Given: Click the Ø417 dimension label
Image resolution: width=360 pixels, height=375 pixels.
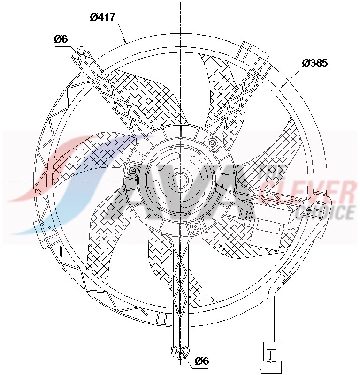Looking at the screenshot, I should pyautogui.click(x=102, y=17).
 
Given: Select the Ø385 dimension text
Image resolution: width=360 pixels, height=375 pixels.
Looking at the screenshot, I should pyautogui.click(x=314, y=63).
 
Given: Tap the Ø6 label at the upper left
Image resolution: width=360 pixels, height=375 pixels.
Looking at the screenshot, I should pyautogui.click(x=61, y=39).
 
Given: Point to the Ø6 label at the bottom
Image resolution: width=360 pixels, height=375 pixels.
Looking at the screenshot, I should pyautogui.click(x=201, y=360).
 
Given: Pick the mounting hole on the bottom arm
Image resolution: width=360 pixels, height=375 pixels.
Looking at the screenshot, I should pyautogui.click(x=179, y=351).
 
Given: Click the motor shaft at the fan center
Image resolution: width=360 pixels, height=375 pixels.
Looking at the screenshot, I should pyautogui.click(x=180, y=180).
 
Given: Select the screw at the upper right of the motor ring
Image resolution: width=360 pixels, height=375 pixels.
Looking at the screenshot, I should pyautogui.click(x=212, y=143).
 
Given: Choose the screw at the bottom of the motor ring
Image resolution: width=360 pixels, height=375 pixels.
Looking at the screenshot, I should pyautogui.click(x=195, y=226).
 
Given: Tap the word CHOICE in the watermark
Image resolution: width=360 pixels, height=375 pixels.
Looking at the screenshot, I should pyautogui.click(x=329, y=213).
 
